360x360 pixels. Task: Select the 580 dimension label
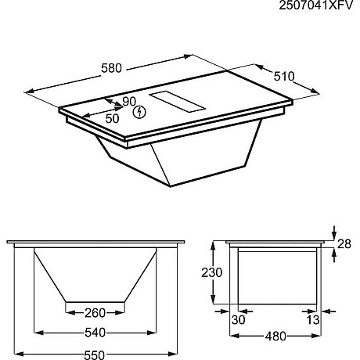(112, 68)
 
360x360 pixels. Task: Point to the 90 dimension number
(129, 101)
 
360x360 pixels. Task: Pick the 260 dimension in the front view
(95, 314)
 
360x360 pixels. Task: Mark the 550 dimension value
(95, 355)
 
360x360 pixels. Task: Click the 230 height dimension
(206, 272)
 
